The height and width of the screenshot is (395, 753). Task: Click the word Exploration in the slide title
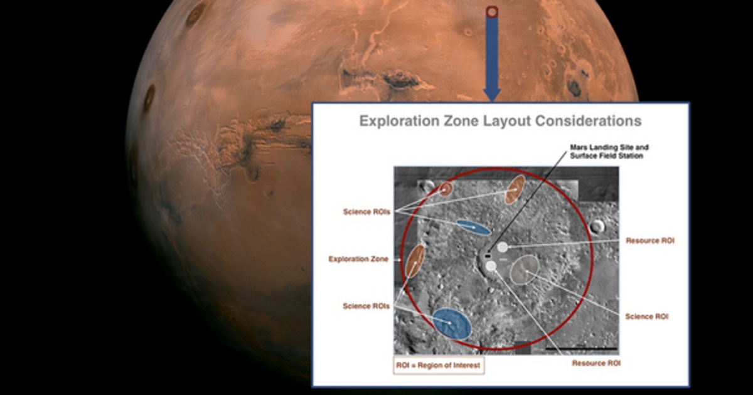point(397,121)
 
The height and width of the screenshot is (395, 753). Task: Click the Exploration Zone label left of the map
point(358,259)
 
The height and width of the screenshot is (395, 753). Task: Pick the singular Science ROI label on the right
point(646,317)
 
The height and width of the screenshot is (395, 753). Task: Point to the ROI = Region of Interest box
point(439,366)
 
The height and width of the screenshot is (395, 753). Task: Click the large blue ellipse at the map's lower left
point(452,324)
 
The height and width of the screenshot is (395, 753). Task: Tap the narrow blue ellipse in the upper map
point(473,228)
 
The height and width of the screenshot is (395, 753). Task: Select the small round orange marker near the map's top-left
point(446,189)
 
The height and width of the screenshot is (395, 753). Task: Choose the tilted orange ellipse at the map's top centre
point(515,189)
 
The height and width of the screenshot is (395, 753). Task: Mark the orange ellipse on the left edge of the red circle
point(415,261)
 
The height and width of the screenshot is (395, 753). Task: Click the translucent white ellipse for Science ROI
point(524,270)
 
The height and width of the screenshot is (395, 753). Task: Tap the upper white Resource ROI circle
point(503,248)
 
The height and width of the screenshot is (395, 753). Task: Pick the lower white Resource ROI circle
point(491,266)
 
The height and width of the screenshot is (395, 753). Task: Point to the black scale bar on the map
point(581,348)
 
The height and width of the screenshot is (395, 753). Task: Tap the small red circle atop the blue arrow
point(492,11)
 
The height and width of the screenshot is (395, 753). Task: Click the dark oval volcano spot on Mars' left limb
point(149,97)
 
